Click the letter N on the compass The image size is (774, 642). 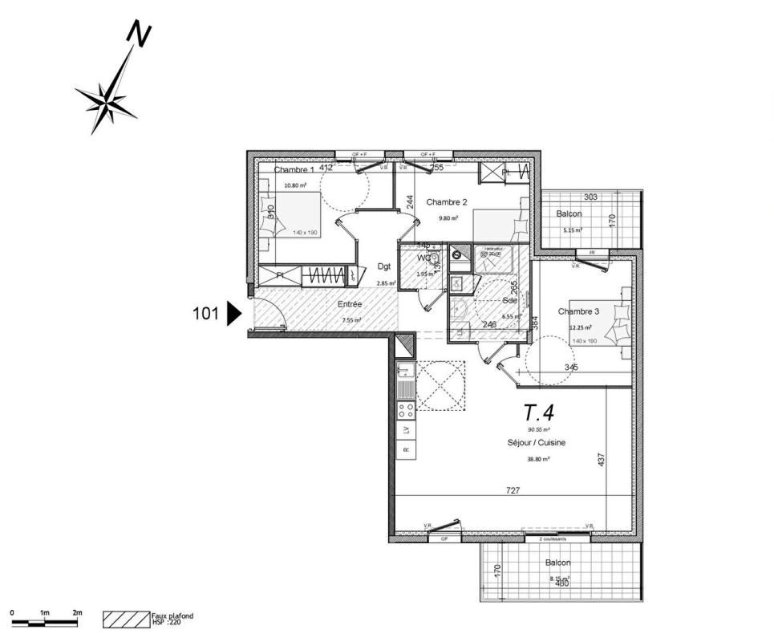(x=140, y=33)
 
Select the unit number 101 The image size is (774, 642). (x=206, y=314)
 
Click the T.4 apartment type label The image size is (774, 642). (x=539, y=412)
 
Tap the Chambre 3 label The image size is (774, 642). (x=579, y=311)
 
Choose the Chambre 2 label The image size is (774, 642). (x=447, y=201)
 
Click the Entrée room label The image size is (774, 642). (x=350, y=305)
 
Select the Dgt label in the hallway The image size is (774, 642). (x=383, y=267)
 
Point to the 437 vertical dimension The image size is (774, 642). (x=601, y=460)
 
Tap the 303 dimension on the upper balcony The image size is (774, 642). (x=591, y=197)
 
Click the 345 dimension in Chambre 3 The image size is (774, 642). (x=571, y=368)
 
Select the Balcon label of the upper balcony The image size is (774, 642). (x=569, y=214)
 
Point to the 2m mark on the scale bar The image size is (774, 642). (x=77, y=613)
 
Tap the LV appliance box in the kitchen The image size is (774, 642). (x=406, y=430)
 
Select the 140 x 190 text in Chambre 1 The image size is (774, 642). (x=284, y=232)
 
